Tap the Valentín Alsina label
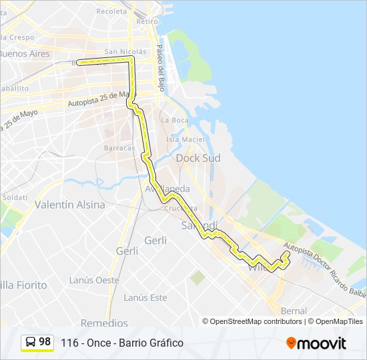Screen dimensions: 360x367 pyautogui.click(x=69, y=205)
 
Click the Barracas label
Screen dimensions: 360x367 pyautogui.click(x=119, y=148)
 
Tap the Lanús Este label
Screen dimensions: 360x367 pyautogui.click(x=145, y=297)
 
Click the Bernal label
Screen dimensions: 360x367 pyautogui.click(x=294, y=311)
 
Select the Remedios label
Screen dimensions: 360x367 pyautogui.click(x=104, y=323)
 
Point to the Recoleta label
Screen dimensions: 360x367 pyautogui.click(x=111, y=11)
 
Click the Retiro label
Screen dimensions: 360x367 pyautogui.click(x=147, y=21)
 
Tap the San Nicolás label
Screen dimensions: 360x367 pyautogui.click(x=125, y=51)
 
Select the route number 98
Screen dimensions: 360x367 pyautogui.click(x=45, y=342)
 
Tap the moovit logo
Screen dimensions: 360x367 pyautogui.click(x=316, y=343)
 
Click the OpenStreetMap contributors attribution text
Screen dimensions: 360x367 pyautogui.click(x=256, y=321)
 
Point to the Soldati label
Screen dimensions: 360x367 pyautogui.click(x=15, y=197)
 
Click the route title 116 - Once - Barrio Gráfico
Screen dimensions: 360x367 pyautogui.click(x=121, y=343)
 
